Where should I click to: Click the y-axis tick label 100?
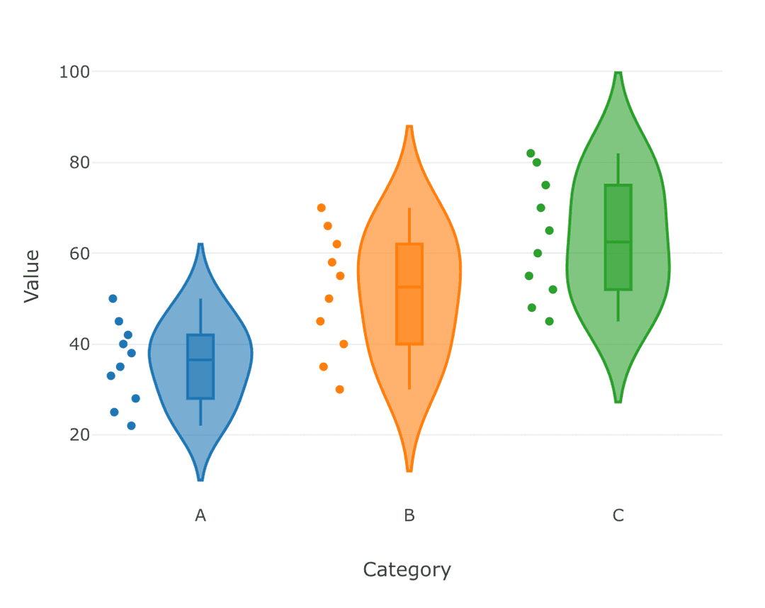[x=74, y=72]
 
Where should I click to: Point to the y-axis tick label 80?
[x=79, y=162]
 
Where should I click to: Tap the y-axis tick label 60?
[x=79, y=253]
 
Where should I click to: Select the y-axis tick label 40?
[x=79, y=344]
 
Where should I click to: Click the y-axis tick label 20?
[x=79, y=434]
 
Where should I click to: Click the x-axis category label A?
[x=200, y=516]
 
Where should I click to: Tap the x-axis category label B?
[x=409, y=516]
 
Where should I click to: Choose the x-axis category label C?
[x=618, y=516]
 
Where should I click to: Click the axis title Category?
[x=407, y=570]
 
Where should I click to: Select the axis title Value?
[x=32, y=276]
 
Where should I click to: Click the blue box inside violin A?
[x=200, y=366]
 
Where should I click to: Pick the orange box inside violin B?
[x=409, y=294]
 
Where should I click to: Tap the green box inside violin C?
[x=618, y=237]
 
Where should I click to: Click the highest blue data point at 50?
[x=113, y=298]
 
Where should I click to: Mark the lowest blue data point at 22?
[x=131, y=426]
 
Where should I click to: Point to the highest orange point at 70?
[x=321, y=208]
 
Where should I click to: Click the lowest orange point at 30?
[x=340, y=389]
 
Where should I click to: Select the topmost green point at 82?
[x=531, y=153]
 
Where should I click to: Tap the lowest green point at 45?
[x=549, y=321]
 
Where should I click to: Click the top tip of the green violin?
[x=618, y=73]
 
